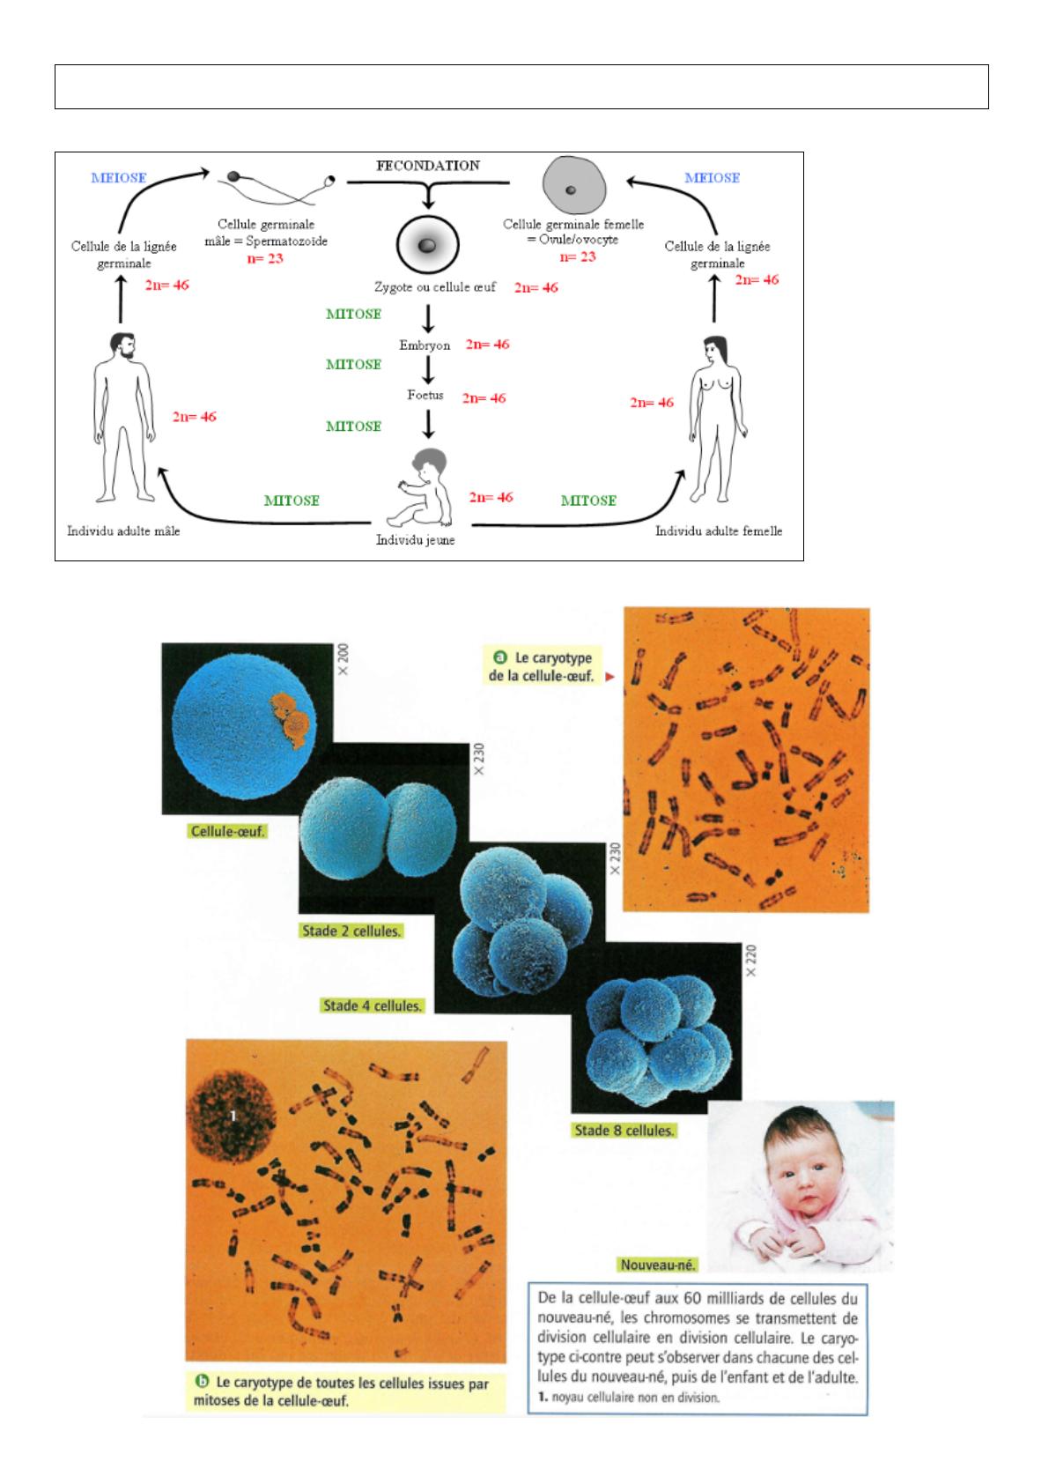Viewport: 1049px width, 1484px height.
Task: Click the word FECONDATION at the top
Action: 429,166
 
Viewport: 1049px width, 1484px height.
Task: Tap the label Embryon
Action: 425,345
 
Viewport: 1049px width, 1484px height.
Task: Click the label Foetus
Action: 425,396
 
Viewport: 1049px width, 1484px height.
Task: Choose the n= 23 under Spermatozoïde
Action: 264,259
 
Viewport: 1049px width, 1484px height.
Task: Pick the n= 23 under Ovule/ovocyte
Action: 577,257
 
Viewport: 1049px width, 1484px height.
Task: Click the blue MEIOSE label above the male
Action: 117,177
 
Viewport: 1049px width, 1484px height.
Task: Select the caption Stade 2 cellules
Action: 351,931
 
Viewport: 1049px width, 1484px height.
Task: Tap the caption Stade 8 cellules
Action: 624,1130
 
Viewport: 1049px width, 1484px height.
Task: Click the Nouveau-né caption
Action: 658,1265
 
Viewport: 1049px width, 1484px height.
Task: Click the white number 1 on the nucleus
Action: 233,1116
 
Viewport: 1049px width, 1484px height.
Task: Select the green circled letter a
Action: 500,657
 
